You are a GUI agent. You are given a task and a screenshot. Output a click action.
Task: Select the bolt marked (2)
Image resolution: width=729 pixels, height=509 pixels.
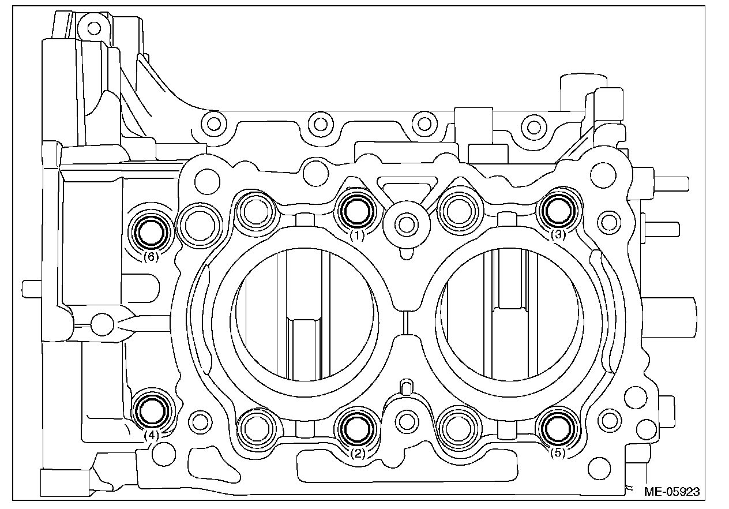coord(356,428)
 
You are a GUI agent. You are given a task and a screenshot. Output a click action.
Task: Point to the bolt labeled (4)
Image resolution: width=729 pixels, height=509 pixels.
coord(151,411)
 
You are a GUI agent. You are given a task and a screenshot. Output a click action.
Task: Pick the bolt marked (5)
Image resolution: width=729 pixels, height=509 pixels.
coord(557,427)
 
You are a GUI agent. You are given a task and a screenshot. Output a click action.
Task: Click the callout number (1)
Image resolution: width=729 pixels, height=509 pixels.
coord(358,235)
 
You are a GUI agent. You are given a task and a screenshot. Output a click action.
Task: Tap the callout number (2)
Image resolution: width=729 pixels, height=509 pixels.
coord(358,454)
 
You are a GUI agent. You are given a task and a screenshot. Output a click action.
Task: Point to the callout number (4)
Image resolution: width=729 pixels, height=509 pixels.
coord(151,436)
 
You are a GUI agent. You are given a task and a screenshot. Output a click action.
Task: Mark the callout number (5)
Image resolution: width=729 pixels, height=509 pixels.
coord(557,453)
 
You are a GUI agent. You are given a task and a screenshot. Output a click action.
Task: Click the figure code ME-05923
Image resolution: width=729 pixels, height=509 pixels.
coord(671,492)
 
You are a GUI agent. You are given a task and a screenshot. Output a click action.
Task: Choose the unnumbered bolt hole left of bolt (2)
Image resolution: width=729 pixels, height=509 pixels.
coord(255,428)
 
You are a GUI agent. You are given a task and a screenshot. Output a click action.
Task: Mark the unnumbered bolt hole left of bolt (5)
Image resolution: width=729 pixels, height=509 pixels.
coord(458,428)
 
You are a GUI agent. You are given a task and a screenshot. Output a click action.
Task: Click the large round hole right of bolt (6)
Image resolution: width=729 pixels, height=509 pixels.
coord(198,223)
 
